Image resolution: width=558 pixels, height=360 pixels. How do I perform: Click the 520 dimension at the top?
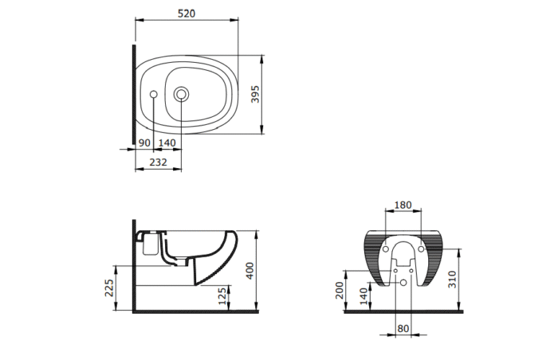[x=187, y=14]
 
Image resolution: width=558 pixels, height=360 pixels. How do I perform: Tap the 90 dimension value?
[x=144, y=142]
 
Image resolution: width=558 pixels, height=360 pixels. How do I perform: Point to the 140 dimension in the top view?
[x=167, y=142]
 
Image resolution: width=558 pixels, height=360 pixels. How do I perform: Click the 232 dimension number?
[x=158, y=162]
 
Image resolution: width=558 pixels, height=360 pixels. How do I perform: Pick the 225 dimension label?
[x=108, y=287]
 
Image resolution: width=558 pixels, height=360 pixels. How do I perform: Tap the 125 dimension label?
[x=221, y=296]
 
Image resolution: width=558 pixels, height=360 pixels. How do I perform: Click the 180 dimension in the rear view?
[x=403, y=205]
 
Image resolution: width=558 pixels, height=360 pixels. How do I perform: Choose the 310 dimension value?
[x=453, y=279]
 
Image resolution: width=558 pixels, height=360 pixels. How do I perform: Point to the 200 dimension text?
[x=340, y=289]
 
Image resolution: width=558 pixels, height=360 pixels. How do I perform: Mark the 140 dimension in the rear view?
[x=363, y=296]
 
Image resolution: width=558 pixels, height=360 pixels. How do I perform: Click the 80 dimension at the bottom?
[x=403, y=328]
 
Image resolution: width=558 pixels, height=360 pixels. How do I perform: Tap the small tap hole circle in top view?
[x=154, y=96]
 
